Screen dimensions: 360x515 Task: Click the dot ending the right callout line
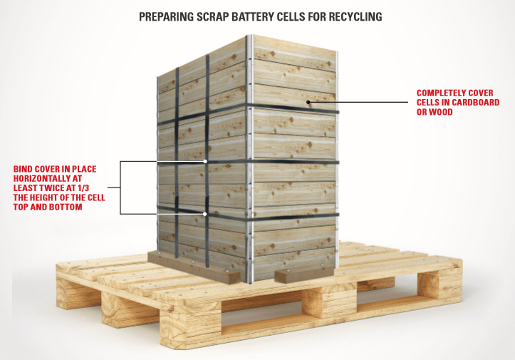tap(308, 103)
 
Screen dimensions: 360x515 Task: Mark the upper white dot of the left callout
tap(206, 162)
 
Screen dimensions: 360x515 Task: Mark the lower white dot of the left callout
tap(206, 214)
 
